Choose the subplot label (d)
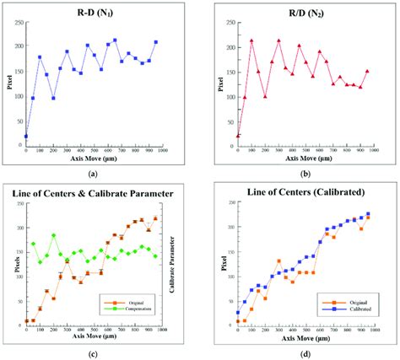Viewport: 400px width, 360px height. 301,352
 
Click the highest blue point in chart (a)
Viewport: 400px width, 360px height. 115,40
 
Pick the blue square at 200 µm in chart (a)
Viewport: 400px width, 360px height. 53,98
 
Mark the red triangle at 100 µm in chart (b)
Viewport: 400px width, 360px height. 251,40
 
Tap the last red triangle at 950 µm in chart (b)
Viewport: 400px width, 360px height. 367,71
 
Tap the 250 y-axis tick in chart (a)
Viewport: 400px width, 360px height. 16,22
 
